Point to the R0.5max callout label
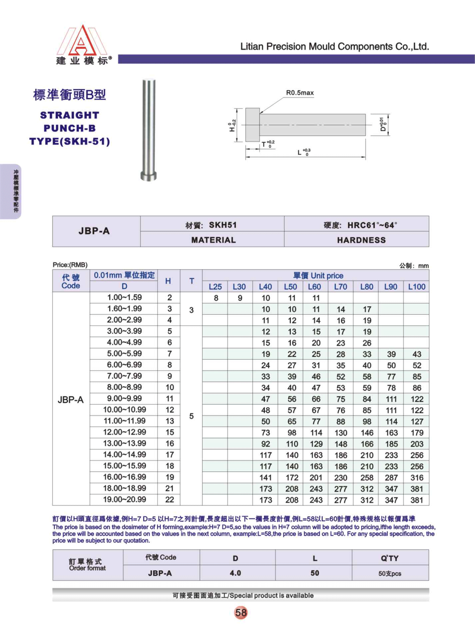[x=300, y=93]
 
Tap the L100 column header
[x=416, y=287]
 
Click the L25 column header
[x=215, y=287]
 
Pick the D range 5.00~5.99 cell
[x=124, y=354]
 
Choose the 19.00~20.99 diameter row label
[x=124, y=499]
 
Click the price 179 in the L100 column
[x=417, y=433]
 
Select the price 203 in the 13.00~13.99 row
[x=417, y=444]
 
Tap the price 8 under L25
[x=216, y=298]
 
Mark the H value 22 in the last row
[x=170, y=499]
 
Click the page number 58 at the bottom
[x=241, y=613]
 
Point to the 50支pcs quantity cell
[x=390, y=573]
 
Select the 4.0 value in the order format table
[x=235, y=573]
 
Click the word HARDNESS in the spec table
[x=361, y=240]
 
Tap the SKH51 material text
[x=223, y=225]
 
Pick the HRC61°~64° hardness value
[x=372, y=225]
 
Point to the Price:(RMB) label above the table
[x=70, y=265]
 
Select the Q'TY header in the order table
[x=389, y=558]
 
